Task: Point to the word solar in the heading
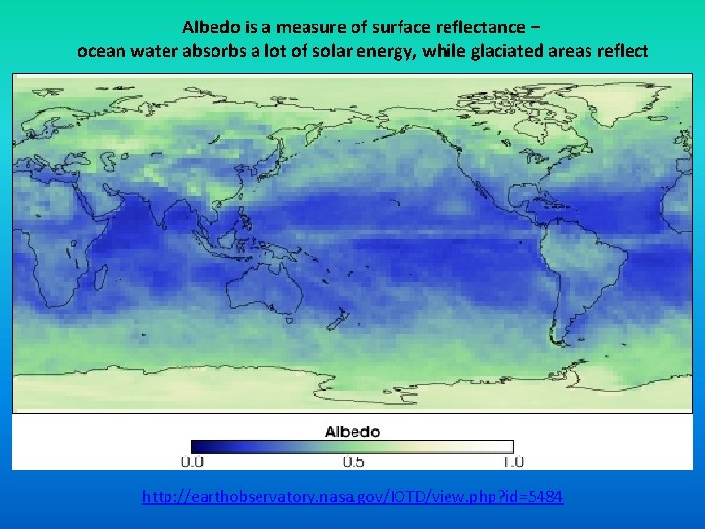coord(345,50)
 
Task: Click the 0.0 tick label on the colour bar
coord(193,461)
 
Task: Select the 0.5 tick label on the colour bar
coord(352,461)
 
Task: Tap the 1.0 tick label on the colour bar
coord(512,461)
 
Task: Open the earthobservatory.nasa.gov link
coord(352,497)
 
